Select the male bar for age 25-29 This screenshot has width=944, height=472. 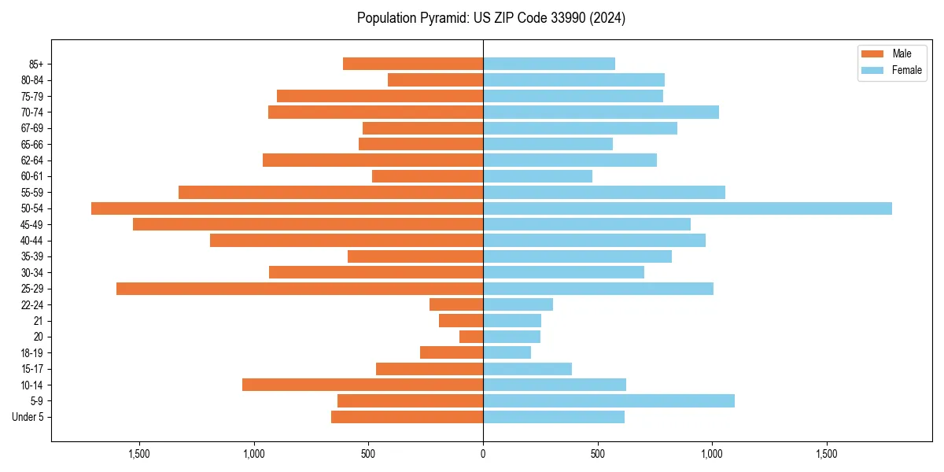[x=300, y=289]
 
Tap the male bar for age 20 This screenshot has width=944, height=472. [x=471, y=337]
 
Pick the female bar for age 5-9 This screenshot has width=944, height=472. [x=609, y=401]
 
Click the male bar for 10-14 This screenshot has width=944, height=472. [x=363, y=385]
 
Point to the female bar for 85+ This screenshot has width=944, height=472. [x=549, y=64]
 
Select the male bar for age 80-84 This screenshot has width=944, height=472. [x=435, y=80]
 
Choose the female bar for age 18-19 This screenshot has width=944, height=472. [x=507, y=353]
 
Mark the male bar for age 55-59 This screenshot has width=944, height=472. [x=330, y=193]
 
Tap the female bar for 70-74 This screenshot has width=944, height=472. [x=601, y=112]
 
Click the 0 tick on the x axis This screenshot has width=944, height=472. [x=483, y=455]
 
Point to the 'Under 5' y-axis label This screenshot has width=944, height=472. [x=28, y=417]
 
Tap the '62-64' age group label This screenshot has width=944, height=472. [x=31, y=160]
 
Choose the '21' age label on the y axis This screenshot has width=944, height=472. [x=39, y=321]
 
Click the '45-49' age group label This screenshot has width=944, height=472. [x=31, y=225]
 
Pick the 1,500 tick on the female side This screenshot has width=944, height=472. [x=827, y=455]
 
